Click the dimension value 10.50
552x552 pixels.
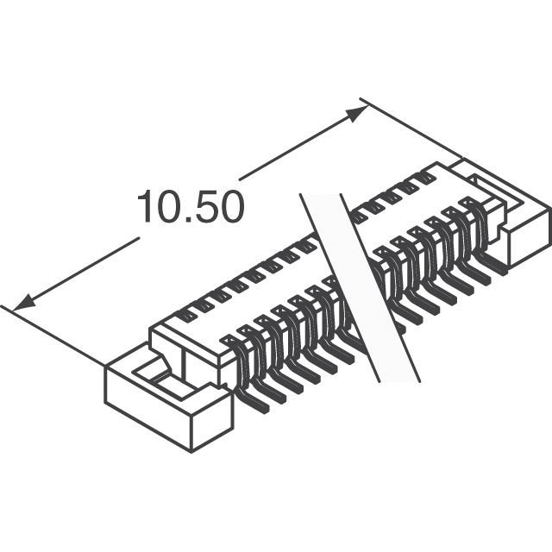click(191, 207)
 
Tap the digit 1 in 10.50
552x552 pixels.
click(146, 207)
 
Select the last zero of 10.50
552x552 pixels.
click(232, 207)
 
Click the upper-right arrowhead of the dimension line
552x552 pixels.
click(356, 114)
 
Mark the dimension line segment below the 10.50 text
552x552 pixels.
click(76, 274)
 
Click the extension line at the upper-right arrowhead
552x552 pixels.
click(411, 128)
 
